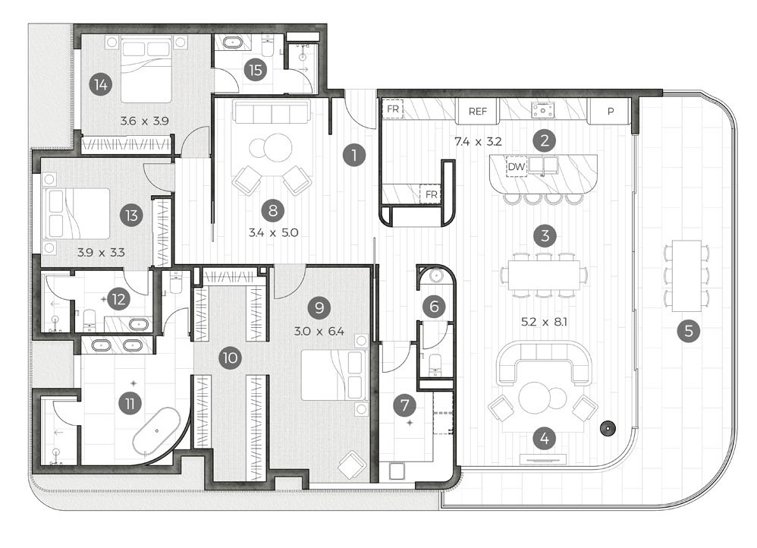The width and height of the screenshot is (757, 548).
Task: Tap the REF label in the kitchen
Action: pos(477,111)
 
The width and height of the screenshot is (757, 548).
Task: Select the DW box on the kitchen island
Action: pos(517,166)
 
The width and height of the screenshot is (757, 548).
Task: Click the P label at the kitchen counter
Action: pos(611,111)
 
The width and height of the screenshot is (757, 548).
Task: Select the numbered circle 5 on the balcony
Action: pos(688,330)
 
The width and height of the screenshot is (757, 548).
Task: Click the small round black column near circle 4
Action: pos(607,427)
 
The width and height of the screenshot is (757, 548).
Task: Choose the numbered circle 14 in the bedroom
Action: pos(99,84)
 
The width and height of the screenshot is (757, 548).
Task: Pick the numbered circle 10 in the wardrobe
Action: pos(230,357)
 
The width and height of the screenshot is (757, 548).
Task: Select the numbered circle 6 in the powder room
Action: pos(434,307)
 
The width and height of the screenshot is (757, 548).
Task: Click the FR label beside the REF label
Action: pos(393,109)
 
